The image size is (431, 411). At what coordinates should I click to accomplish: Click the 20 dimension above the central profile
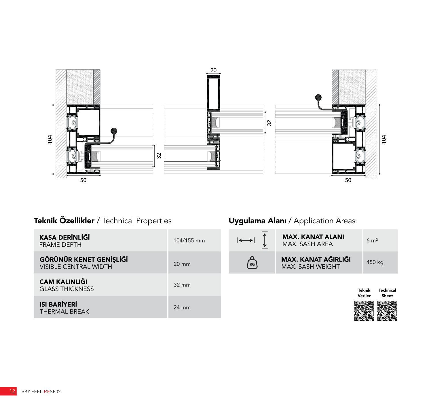point(213,70)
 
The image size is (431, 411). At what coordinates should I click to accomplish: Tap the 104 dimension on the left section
point(50,139)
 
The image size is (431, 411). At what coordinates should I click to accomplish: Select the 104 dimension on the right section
point(384,139)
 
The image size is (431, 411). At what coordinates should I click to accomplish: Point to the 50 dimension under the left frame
point(83,180)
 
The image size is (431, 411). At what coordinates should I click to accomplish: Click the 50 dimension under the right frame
point(348,180)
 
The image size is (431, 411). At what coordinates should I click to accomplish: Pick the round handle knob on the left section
point(113,131)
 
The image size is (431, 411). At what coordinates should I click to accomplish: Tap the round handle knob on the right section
point(318,98)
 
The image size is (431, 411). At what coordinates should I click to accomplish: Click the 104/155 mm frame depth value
point(189,240)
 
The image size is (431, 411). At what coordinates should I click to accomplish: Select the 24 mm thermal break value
point(182,307)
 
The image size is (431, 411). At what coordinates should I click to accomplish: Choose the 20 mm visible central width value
point(182,264)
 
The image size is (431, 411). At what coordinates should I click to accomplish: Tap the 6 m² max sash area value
point(372,240)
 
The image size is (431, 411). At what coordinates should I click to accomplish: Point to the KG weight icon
point(252,263)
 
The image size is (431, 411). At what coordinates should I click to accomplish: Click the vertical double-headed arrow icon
point(265,240)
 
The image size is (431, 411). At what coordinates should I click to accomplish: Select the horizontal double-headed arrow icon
point(246,240)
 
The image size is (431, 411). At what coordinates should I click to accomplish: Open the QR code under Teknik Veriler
point(364,311)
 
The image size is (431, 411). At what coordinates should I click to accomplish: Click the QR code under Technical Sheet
point(387,311)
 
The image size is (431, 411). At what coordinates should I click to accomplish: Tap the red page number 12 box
point(8,391)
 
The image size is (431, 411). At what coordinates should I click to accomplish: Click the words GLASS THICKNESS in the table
point(67,289)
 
